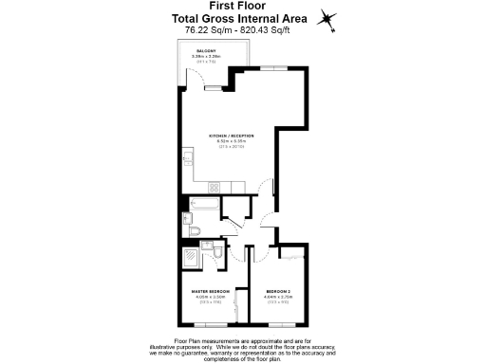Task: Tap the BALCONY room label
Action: click(206, 51)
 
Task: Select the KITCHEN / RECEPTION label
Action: click(232, 136)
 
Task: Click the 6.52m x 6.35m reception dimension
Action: click(232, 142)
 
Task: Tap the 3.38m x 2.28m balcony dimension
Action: click(206, 57)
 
